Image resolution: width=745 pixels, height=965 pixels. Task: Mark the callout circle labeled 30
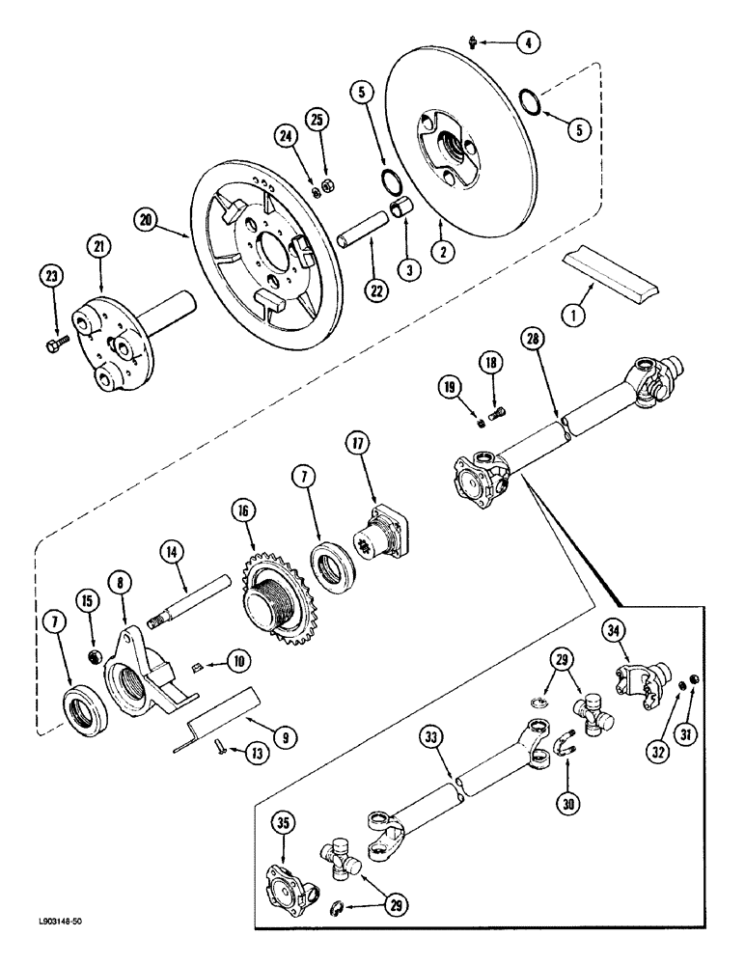tap(566, 800)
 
